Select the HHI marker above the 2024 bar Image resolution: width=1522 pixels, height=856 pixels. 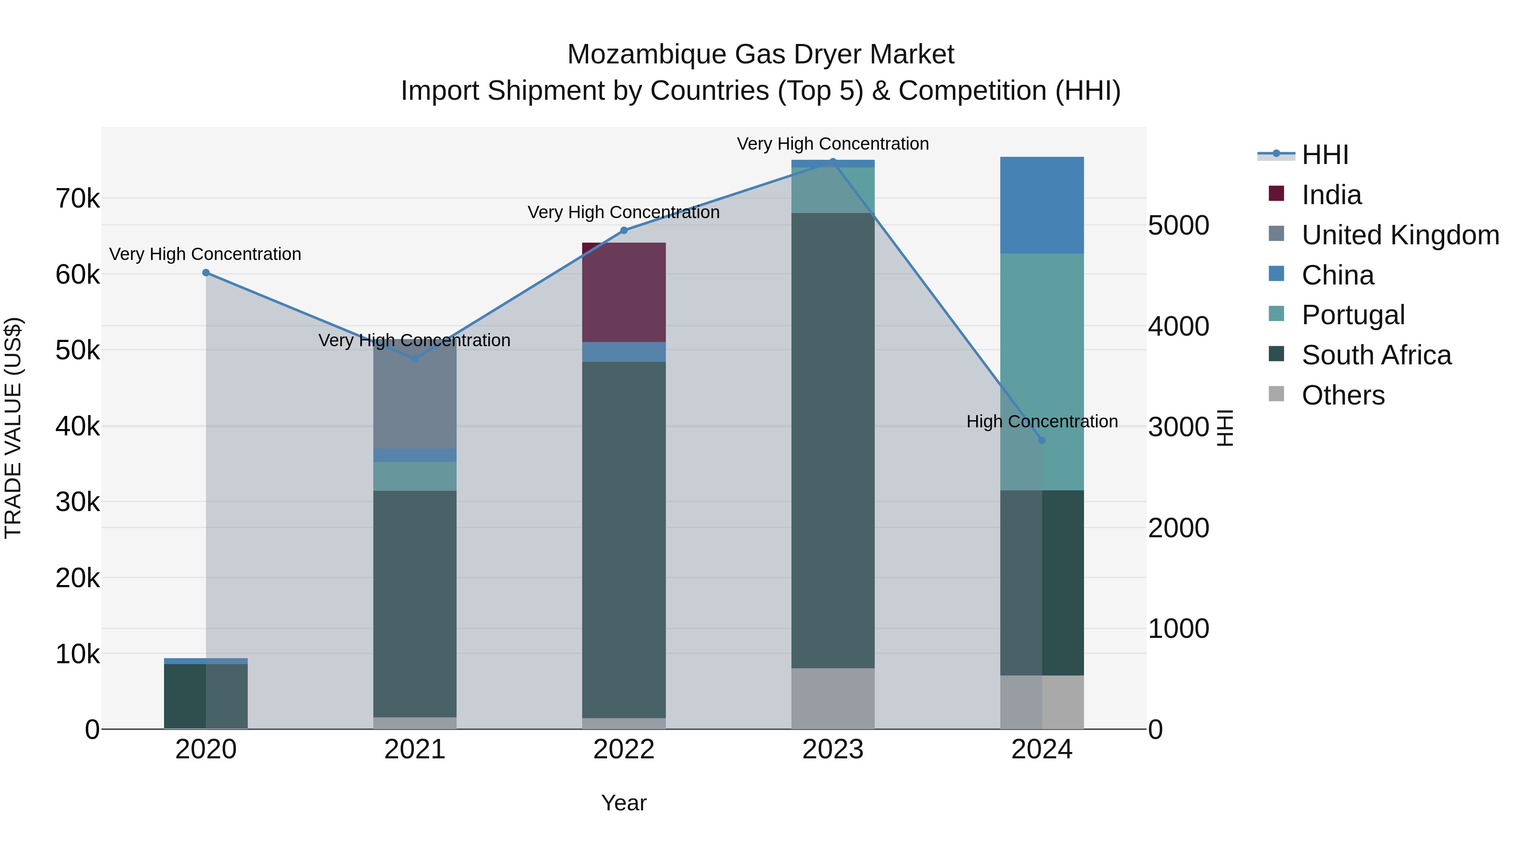pos(1042,440)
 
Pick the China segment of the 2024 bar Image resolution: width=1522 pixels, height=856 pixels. pos(1042,205)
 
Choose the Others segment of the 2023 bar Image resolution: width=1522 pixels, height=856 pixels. pos(832,698)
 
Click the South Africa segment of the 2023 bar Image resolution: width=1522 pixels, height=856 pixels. pos(832,440)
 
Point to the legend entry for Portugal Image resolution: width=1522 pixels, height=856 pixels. pos(1352,315)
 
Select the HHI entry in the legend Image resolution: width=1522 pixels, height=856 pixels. pos(1324,155)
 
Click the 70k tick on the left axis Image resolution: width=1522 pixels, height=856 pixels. pos(77,199)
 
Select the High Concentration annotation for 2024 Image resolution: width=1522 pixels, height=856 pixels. pos(1042,421)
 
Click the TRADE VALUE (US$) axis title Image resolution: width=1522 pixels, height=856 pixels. pos(13,428)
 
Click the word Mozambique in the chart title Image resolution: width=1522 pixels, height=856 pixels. pos(646,55)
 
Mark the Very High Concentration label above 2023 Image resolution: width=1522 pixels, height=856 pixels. pos(832,144)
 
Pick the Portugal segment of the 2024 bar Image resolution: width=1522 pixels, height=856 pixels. pos(1042,372)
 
